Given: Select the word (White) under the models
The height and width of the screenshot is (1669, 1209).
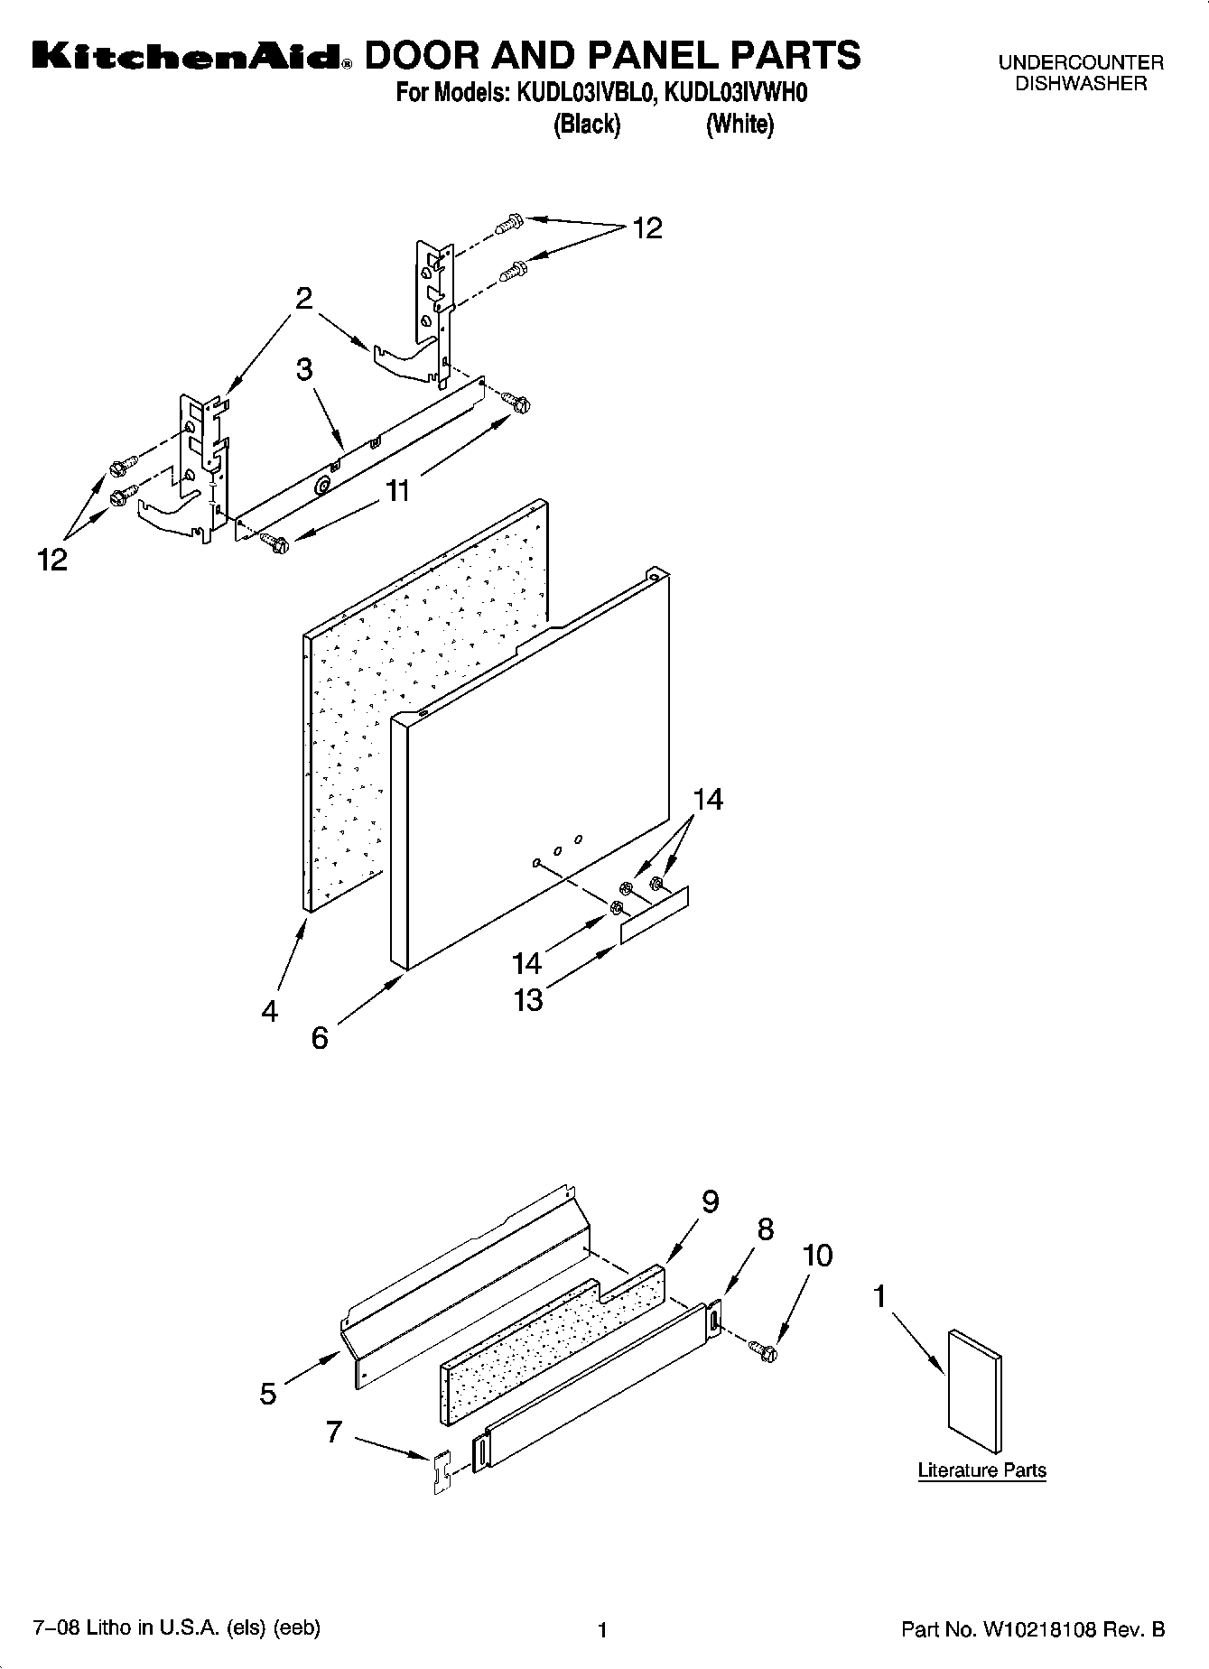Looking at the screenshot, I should click(739, 125).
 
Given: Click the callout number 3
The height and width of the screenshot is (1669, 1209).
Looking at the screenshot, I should click(304, 369).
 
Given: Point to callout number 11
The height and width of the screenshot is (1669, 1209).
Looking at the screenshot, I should click(397, 491).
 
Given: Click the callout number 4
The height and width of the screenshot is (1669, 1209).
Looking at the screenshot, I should click(270, 1012).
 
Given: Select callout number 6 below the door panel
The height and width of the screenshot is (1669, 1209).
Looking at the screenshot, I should click(320, 1038).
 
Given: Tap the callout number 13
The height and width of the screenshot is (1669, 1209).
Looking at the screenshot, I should click(528, 999).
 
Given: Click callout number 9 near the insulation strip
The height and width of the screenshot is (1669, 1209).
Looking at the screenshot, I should click(710, 1202).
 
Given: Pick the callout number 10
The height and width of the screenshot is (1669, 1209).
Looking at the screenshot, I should click(817, 1256).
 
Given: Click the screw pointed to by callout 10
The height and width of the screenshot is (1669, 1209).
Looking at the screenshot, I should click(765, 1351).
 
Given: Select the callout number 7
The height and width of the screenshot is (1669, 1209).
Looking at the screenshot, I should click(334, 1432).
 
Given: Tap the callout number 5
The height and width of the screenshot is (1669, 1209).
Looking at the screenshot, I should click(268, 1394).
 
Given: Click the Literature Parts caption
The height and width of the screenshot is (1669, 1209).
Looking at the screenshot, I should click(981, 1470).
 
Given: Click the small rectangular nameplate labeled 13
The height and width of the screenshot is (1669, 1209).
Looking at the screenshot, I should click(654, 914).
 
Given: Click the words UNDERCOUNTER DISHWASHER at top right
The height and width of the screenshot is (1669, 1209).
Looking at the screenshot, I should click(1081, 73).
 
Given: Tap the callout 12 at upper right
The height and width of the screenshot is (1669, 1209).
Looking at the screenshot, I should click(647, 228).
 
